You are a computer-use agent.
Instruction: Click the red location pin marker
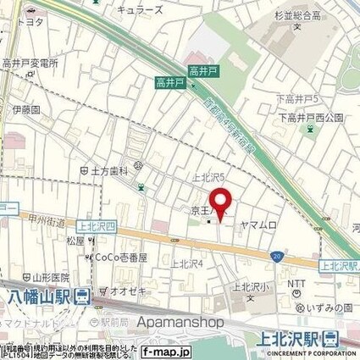point(222,202)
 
